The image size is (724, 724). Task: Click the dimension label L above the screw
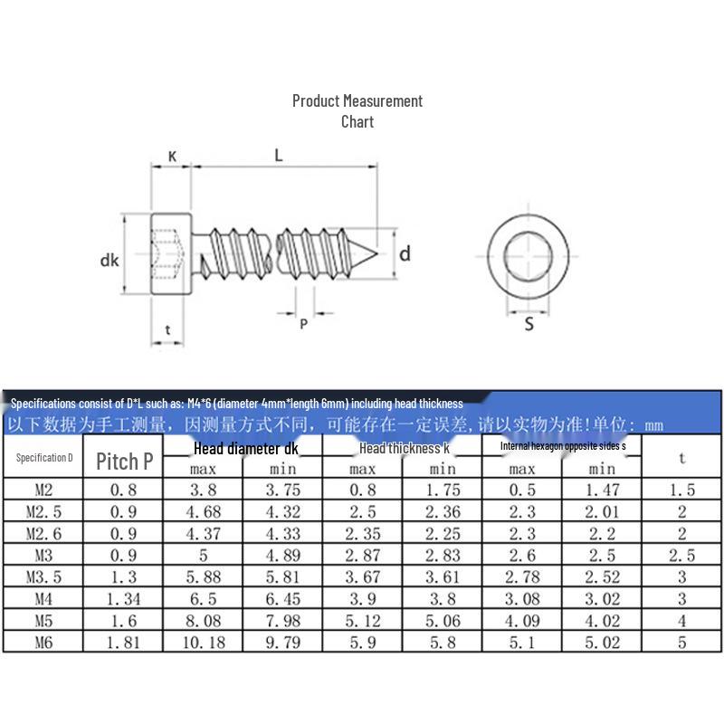coord(279,155)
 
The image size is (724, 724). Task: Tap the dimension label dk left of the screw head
coord(110,261)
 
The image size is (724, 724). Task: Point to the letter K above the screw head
coord(171,157)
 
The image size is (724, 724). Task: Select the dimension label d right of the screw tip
coord(405,253)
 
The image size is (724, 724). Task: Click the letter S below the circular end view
coord(529,323)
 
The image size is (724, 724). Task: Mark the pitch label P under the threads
coord(304,323)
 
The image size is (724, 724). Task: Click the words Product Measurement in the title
coord(357,100)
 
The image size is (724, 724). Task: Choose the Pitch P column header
coord(124,461)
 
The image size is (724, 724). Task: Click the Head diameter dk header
coord(244,448)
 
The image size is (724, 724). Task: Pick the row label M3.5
coord(43,576)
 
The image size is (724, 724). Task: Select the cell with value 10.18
coord(203,643)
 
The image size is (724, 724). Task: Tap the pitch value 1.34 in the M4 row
coord(123,598)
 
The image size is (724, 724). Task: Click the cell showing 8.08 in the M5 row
coord(203,621)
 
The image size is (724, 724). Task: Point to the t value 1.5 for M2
coord(681,490)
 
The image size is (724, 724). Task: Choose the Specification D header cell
coord(43,457)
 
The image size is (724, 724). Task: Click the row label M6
coord(43,643)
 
